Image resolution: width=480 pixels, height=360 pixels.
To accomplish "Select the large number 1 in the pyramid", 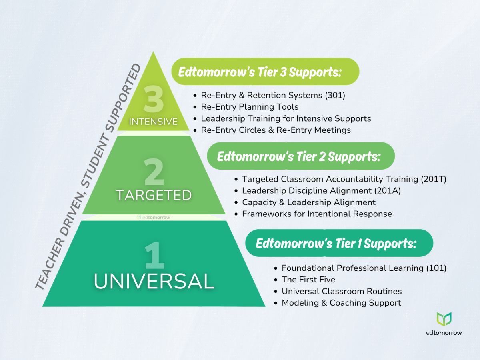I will coord(154,256).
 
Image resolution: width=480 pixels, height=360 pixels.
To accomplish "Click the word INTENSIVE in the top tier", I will coord(153,121).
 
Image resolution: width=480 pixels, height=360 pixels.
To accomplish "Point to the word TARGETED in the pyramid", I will coord(154,195).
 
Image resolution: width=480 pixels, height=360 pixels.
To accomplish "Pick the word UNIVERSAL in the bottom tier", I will coord(154,282).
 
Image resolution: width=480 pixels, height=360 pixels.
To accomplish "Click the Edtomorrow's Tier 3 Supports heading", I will coord(260,72).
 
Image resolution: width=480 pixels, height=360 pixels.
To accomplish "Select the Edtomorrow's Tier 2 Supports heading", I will coord(298,156).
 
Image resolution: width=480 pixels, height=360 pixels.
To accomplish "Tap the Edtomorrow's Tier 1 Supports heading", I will coord(336,243).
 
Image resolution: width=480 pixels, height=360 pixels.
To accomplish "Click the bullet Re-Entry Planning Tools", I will coord(250,107).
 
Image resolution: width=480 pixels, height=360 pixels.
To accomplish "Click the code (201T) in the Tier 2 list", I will coord(433,179).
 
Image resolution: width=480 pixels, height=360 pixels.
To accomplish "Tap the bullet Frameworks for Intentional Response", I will coord(317,214).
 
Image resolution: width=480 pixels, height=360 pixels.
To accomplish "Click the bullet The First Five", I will coord(308,280).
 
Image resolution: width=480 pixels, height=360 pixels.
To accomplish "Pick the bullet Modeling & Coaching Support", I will coord(341,303).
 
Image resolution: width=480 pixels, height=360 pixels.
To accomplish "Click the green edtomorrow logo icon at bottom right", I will coord(444,319).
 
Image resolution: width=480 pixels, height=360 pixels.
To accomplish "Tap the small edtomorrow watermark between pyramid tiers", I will coord(154,217).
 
